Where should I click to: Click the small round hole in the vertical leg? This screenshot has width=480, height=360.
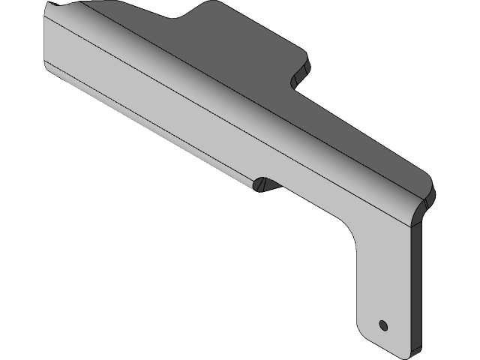tap(383, 325)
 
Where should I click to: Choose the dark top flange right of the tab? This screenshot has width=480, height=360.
tap(352, 127)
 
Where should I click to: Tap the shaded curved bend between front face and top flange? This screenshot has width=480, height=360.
tap(225, 82)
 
